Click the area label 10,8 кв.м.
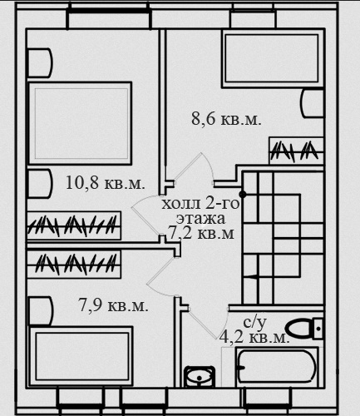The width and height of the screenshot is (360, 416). (106, 183)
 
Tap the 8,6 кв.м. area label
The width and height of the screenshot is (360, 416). (226, 120)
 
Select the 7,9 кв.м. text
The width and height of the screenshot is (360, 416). (113, 305)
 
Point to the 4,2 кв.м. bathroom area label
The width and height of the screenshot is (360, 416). (254, 338)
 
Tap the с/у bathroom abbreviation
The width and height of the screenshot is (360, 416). (255, 322)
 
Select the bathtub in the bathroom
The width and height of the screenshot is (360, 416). (277, 367)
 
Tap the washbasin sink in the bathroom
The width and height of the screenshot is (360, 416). (200, 377)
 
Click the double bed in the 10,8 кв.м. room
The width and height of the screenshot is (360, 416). (79, 123)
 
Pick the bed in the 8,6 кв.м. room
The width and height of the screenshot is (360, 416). (272, 58)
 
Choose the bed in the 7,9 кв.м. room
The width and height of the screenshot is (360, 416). (80, 356)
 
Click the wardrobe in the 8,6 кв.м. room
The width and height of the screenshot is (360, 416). (296, 151)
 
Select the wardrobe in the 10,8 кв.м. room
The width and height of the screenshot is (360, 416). (73, 225)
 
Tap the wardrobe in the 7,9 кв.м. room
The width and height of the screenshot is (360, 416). (73, 264)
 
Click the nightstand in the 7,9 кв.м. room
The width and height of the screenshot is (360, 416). (40, 310)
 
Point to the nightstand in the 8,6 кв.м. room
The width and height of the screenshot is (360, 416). (313, 103)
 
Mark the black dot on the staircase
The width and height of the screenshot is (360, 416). (243, 195)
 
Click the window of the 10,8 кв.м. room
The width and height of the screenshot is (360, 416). (109, 19)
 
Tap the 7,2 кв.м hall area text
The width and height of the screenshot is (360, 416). (201, 233)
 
